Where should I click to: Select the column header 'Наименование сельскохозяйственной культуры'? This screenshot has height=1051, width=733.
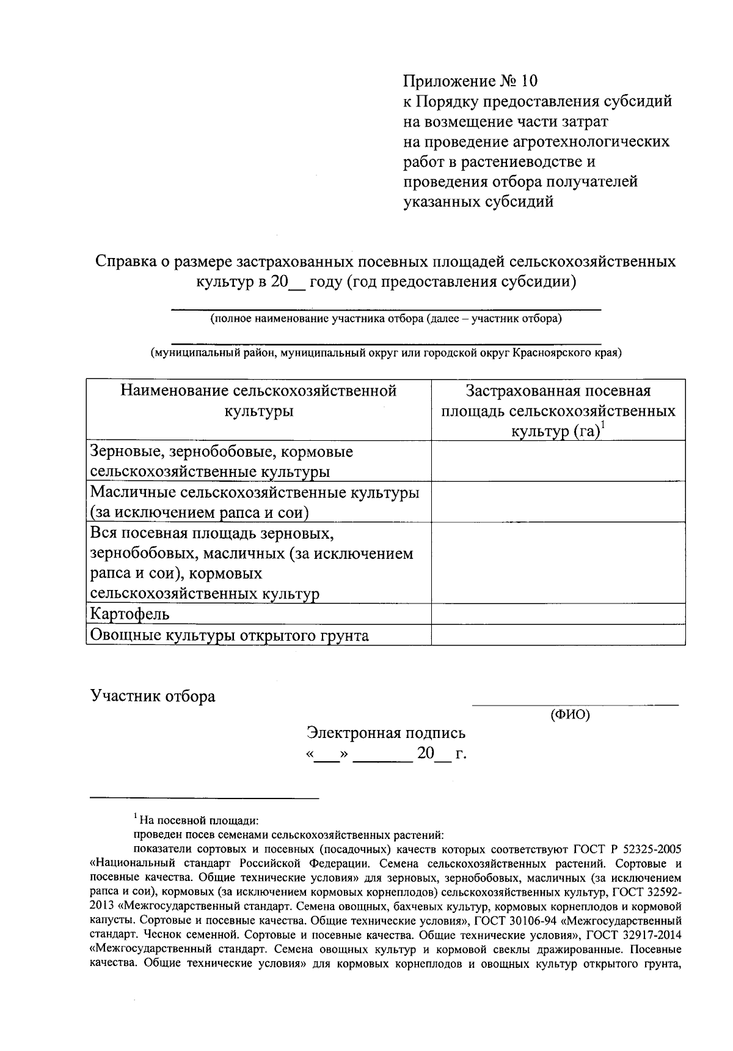pos(258,400)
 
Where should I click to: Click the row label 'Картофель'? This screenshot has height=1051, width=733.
pos(130,614)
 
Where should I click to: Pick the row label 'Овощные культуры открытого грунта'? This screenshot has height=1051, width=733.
pos(229,635)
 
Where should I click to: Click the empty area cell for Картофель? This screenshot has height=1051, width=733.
pos(558,614)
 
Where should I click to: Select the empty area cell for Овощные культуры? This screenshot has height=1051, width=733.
pos(558,635)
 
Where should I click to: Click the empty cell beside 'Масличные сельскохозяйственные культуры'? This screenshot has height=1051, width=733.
pos(558,501)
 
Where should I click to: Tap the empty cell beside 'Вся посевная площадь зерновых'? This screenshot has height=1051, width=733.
pos(558,562)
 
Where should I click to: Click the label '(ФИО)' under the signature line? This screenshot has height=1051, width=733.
pos(570,714)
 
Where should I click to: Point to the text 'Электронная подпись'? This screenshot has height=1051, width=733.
pos(386,732)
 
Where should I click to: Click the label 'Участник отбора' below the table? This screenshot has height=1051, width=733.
pos(153,696)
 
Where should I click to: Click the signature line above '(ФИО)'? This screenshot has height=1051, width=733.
pos(575,704)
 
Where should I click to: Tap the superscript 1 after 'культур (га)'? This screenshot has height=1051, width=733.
pos(602,426)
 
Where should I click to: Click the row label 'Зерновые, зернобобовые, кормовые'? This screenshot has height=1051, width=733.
pos(222,452)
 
